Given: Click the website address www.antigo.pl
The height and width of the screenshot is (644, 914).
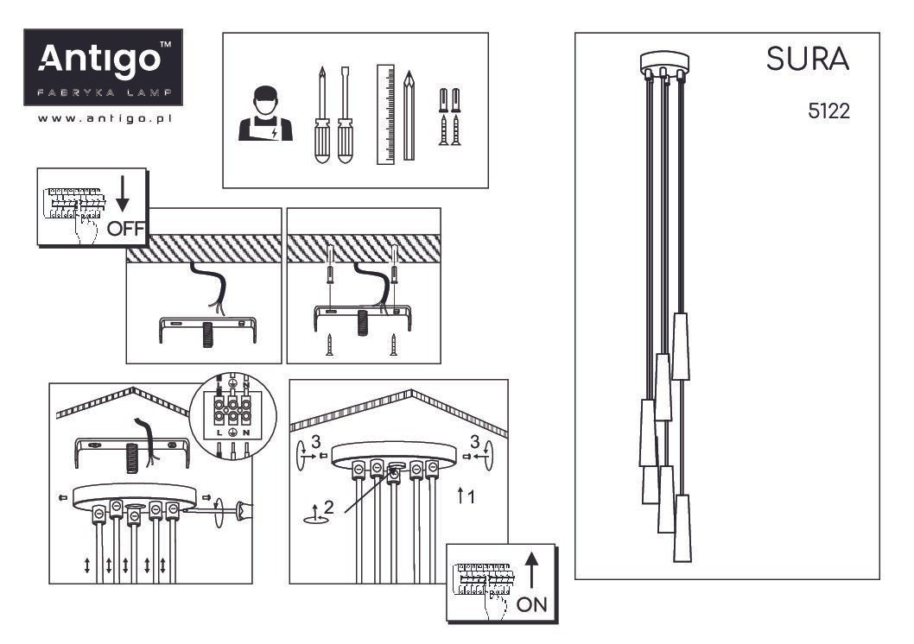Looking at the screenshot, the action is coord(105,119).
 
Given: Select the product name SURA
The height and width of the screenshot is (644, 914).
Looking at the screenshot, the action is coord(808,59).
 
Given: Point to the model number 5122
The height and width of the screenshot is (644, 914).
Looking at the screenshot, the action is coord(828,110).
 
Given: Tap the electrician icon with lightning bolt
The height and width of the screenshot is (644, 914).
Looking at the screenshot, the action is coord(265,114).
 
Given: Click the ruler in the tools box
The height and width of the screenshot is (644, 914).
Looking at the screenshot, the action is coord(385,114).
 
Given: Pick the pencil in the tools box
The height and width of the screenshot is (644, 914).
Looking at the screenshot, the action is coord(409,116).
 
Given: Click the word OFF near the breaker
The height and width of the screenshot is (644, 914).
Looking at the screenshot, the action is coord(125,228).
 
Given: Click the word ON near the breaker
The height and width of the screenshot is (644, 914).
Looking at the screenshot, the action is coord(531,604).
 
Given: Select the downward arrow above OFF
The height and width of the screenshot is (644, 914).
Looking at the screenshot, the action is coord(123,194).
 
